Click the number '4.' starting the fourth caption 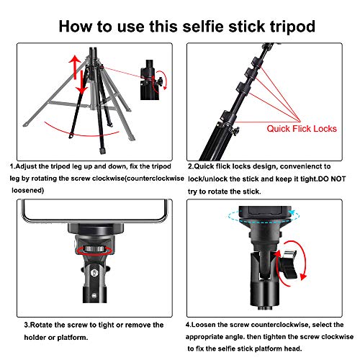[x=189, y=325]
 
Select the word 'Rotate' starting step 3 [x=55, y=325]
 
